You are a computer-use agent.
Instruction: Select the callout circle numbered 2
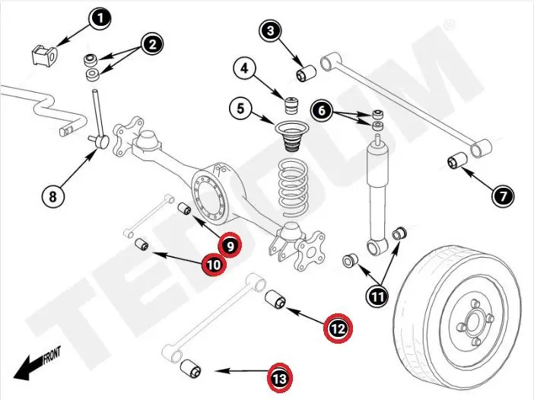152,44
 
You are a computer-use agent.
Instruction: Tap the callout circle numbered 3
271,31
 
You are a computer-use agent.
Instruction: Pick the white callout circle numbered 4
244,69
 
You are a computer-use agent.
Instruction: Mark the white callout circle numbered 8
52,196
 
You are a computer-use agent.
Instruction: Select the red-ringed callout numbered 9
229,245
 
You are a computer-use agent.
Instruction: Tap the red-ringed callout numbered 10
212,265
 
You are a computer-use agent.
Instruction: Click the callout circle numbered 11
378,295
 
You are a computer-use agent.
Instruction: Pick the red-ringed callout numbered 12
338,328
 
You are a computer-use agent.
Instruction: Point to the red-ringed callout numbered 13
281,376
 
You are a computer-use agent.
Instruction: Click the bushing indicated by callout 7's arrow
459,162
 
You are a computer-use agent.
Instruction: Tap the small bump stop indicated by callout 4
289,102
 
